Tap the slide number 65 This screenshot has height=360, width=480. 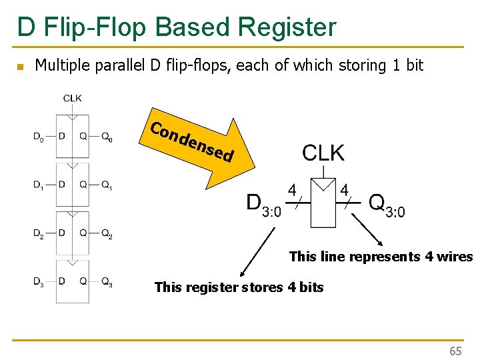coord(455,351)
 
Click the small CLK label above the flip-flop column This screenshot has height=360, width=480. coord(73,98)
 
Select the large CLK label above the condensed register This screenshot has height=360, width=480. coord(323,153)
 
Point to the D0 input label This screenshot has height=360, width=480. coord(39,137)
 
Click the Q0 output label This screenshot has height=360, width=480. coord(107,137)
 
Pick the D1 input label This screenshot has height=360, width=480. coord(39,185)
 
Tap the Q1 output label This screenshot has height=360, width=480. coord(107,185)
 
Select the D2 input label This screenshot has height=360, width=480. coord(39,234)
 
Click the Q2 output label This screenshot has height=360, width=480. coord(107,234)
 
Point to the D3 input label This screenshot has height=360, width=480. coord(39,281)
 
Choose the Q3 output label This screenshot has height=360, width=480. coord(107,281)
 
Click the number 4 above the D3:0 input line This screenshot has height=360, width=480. coord(292,191)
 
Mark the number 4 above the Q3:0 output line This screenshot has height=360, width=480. coord(344,191)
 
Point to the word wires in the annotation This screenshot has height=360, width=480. coord(455,257)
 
